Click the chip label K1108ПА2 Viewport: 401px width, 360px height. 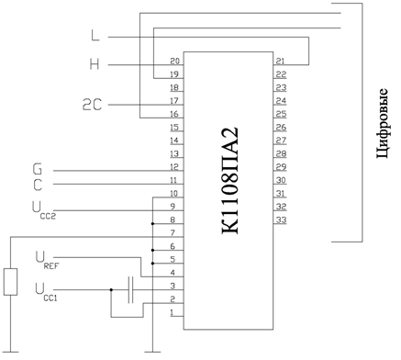tap(229, 181)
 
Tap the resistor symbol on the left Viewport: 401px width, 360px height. tap(10, 282)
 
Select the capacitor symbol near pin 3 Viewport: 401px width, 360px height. tap(130, 290)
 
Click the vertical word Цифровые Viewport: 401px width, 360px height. tap(383, 123)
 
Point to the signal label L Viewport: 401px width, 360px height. tap(95, 35)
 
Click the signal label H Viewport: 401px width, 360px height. tap(95, 64)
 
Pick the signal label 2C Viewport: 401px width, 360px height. tap(92, 105)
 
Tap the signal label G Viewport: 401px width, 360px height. tap(38, 169)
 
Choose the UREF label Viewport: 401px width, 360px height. tap(47, 260)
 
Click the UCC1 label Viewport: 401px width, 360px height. tap(46, 292)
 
